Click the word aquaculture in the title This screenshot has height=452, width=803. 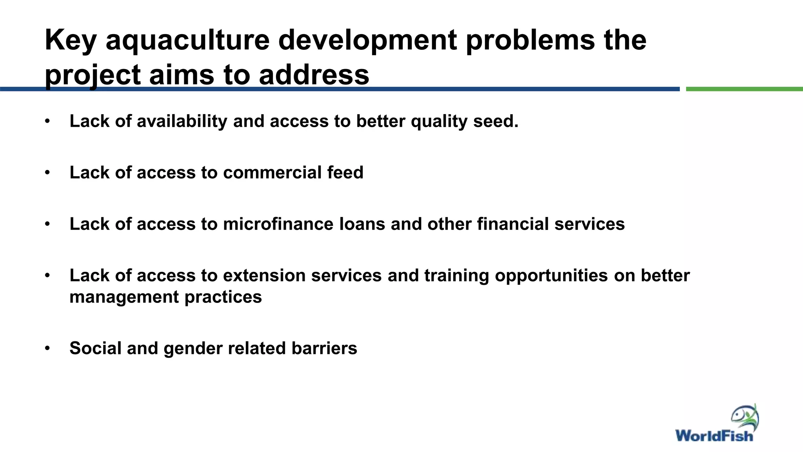pos(187,41)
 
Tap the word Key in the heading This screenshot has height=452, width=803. pos(71,41)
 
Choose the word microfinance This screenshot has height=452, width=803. pos(278,224)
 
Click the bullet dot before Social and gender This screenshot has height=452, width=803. pos(47,348)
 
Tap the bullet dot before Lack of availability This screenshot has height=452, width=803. pos(47,121)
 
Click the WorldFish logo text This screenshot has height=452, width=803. pos(714,436)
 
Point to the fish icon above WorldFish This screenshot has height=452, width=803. pos(745,417)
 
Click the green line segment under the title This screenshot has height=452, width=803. pos(744,89)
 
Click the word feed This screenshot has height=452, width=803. pos(345,173)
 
